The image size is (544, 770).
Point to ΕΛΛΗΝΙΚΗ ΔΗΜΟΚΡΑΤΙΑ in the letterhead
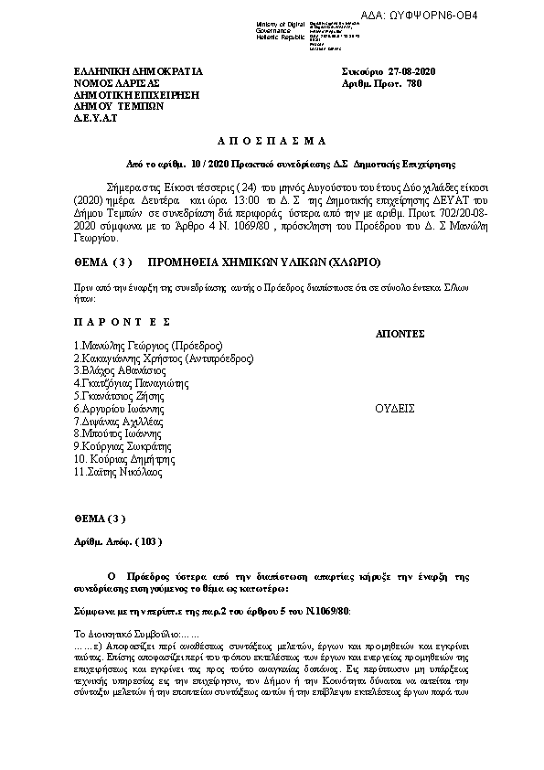(x=138, y=71)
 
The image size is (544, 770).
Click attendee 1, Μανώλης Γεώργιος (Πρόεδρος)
(x=149, y=347)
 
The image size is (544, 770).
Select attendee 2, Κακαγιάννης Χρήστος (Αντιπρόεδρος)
(x=164, y=359)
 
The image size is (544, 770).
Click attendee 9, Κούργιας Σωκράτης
(x=123, y=446)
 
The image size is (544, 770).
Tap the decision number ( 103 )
(x=147, y=541)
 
